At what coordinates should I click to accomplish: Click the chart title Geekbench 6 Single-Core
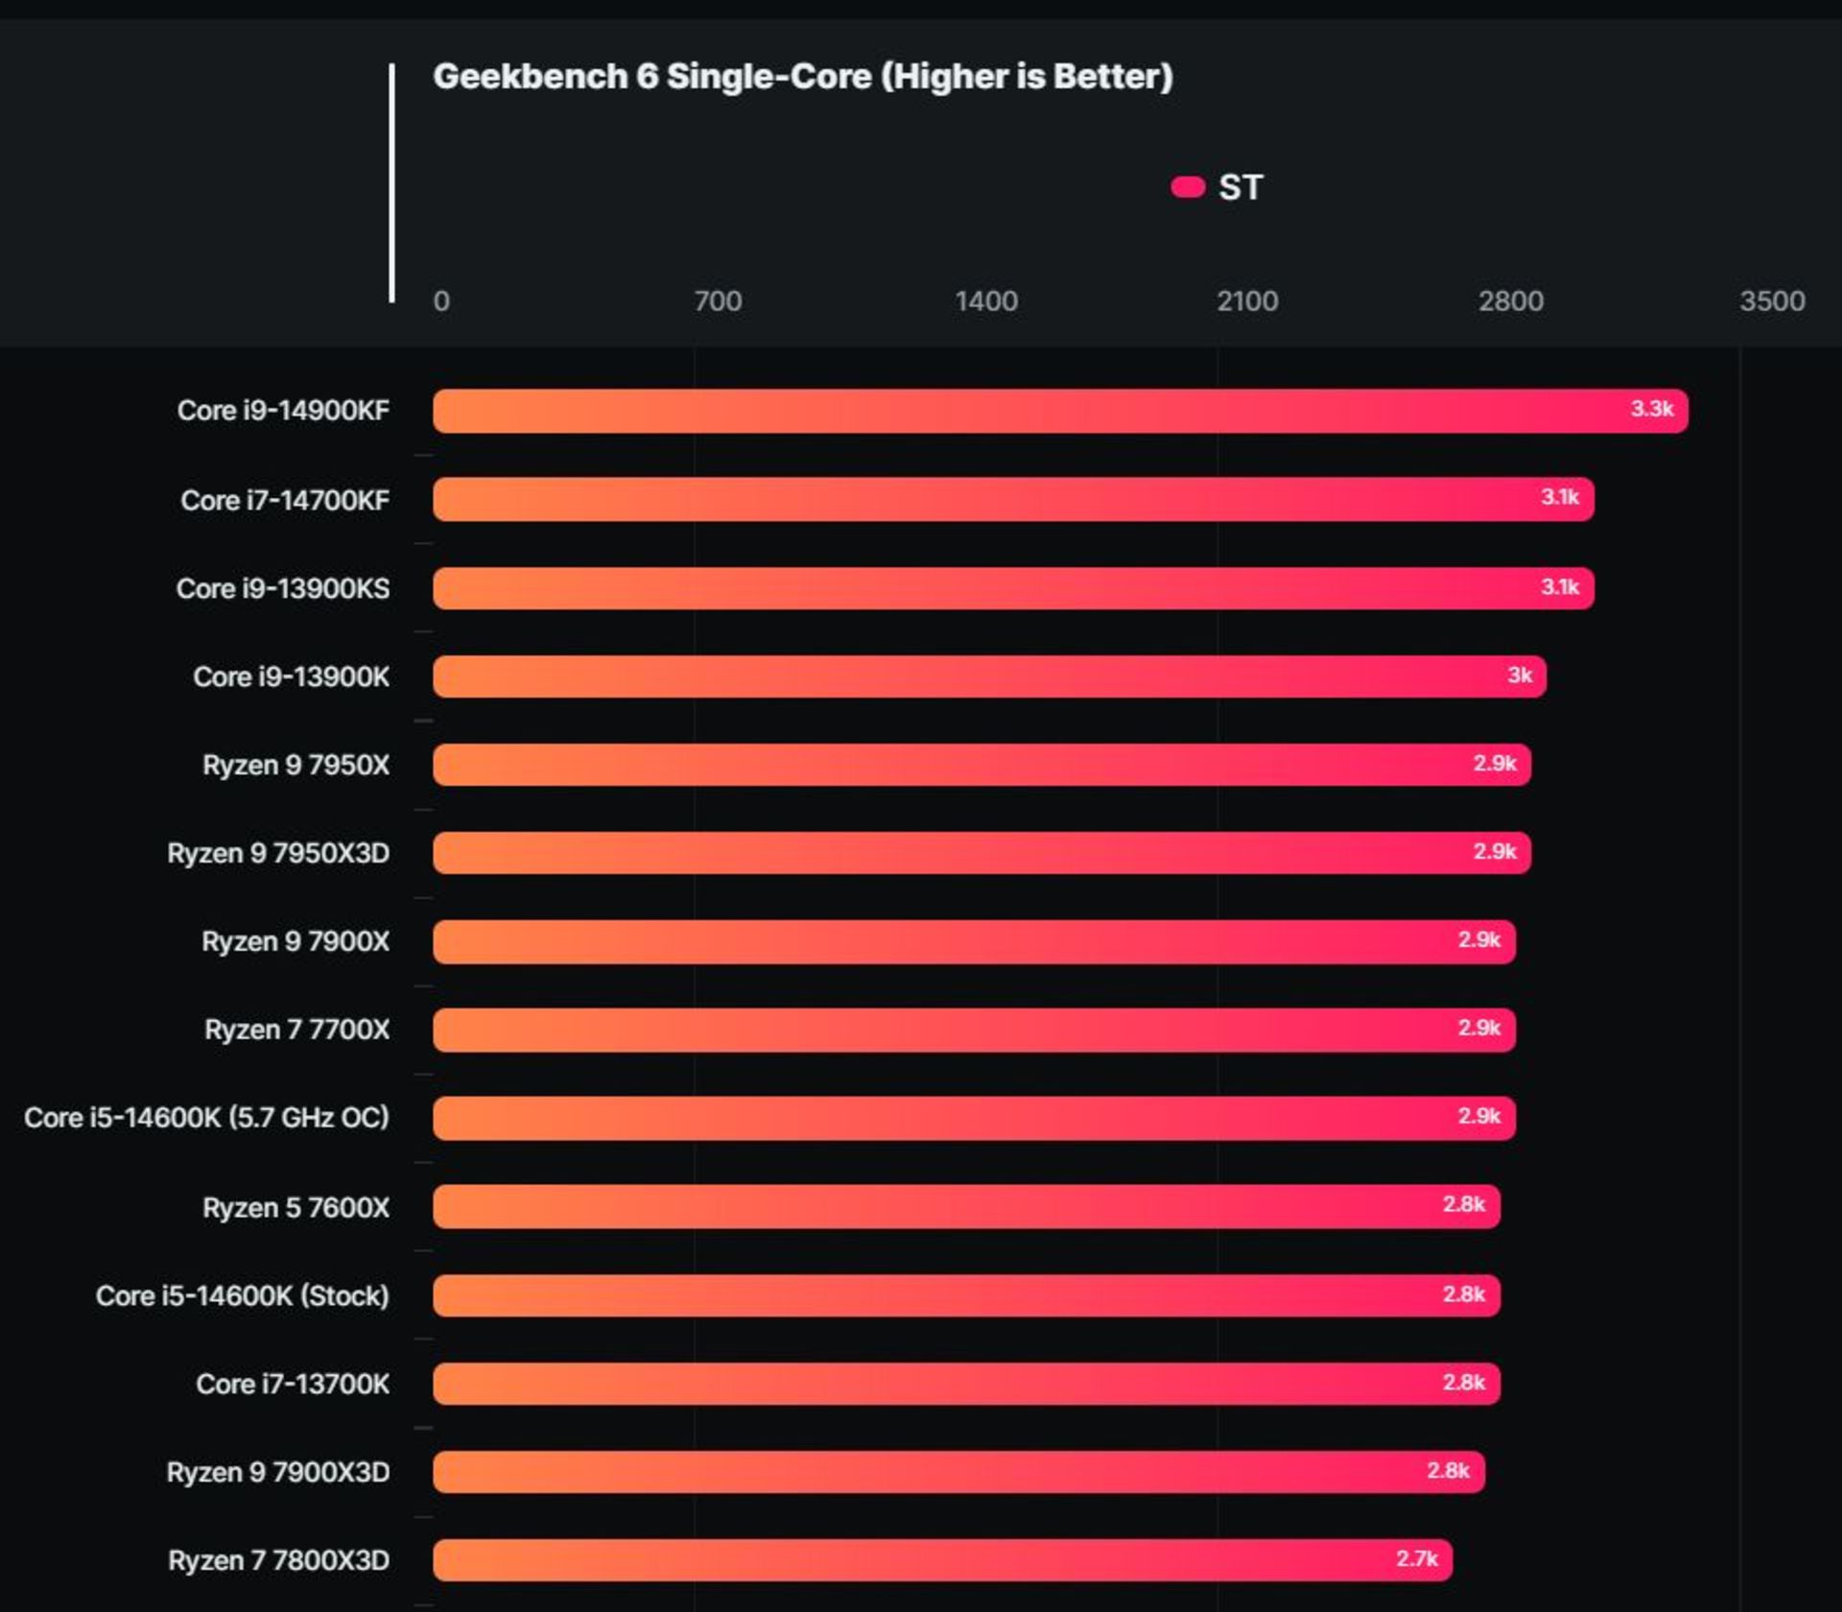tap(802, 77)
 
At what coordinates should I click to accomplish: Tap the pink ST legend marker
tap(1188, 187)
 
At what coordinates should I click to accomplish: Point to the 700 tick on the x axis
tap(718, 301)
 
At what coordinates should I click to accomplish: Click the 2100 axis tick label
tap(1247, 301)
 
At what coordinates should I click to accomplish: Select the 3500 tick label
tap(1772, 301)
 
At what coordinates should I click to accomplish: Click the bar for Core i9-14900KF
tap(1055, 411)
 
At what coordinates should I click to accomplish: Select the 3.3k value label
tap(1651, 409)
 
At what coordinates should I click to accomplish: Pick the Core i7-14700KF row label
tap(285, 500)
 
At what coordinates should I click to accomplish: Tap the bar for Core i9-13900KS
tap(1007, 588)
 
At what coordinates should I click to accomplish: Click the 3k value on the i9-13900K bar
tap(1520, 676)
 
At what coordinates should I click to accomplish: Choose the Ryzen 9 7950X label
tap(295, 765)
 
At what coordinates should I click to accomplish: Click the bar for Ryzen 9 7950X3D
tap(979, 853)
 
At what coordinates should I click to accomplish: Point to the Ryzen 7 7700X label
tap(296, 1030)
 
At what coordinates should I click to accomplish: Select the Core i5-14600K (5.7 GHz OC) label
tap(206, 1118)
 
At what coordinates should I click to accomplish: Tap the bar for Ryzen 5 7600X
tap(959, 1206)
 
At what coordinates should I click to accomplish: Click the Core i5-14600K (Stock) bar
tap(959, 1295)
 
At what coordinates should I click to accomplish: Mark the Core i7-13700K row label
tap(293, 1384)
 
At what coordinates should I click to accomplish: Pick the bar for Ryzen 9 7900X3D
tap(959, 1472)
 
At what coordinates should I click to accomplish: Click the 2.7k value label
tap(1416, 1559)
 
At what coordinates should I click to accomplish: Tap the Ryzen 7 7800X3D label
tap(278, 1561)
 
